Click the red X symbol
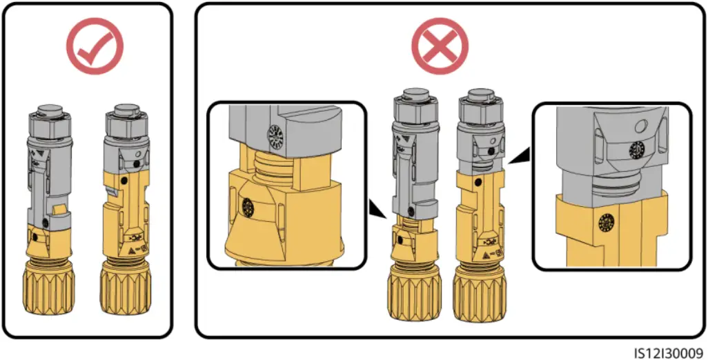tap(440, 46)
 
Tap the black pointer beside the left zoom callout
tap(376, 208)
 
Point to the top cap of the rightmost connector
tap(478, 94)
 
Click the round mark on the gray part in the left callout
tap(275, 136)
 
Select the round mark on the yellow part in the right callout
tap(607, 222)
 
